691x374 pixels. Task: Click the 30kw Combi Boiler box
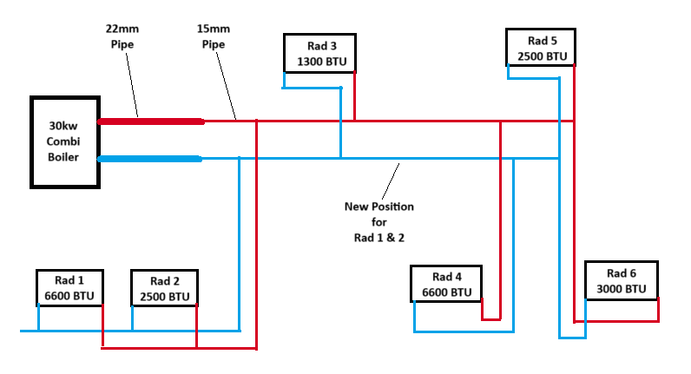click(63, 141)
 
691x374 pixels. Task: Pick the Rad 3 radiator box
click(319, 54)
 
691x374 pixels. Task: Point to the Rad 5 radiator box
click(542, 48)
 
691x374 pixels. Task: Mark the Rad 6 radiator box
click(621, 280)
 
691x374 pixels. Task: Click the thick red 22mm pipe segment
click(151, 121)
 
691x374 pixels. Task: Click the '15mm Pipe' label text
click(213, 36)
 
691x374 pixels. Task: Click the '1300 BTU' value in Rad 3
click(320, 62)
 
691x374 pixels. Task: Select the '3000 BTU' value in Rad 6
click(621, 289)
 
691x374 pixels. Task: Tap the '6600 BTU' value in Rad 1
click(69, 297)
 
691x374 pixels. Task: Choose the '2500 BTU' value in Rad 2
click(164, 297)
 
